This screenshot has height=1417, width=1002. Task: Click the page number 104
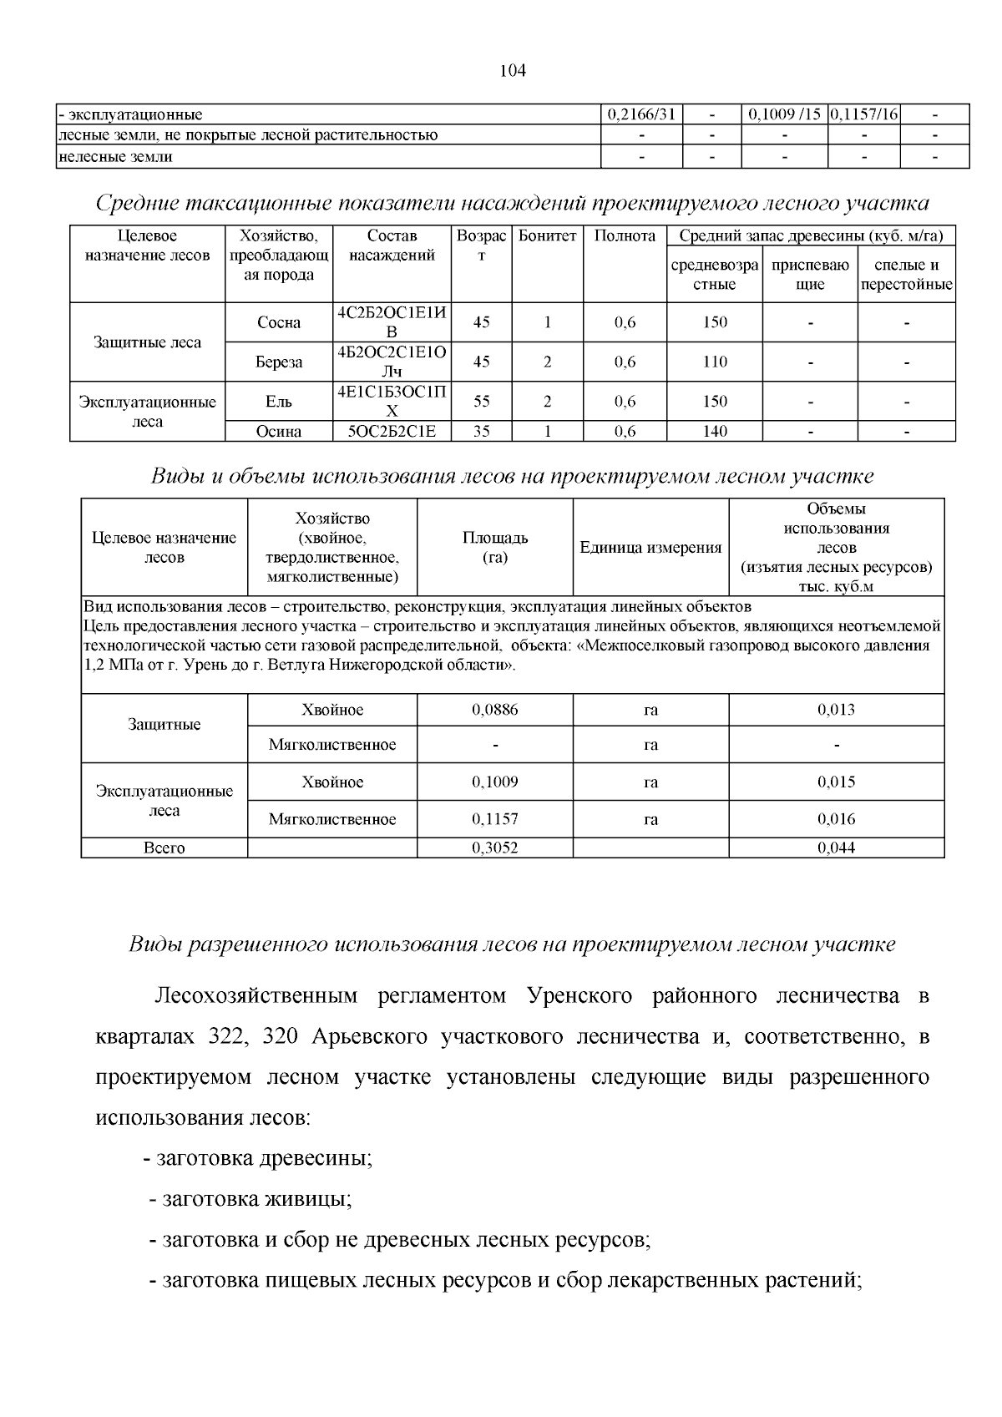point(513,71)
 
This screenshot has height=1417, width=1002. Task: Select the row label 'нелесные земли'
point(115,156)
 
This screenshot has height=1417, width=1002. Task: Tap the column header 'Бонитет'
point(547,236)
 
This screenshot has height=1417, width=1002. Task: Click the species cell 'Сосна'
point(279,322)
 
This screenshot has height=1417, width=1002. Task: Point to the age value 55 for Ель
point(482,402)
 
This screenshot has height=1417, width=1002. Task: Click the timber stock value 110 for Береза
point(715,362)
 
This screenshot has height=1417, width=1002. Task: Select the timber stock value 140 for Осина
point(715,432)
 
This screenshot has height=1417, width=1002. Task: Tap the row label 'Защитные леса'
point(147,342)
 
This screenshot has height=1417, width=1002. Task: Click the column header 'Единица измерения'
point(650,548)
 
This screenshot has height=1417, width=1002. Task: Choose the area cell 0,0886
point(494,710)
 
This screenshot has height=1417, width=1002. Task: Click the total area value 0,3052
point(494,848)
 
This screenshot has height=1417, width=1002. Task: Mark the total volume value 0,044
point(836,848)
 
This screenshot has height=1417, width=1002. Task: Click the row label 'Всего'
point(164,848)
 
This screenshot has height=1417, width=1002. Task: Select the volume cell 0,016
point(836,819)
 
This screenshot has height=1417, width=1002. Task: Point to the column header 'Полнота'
point(625,236)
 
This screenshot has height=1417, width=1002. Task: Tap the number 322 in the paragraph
point(222,1037)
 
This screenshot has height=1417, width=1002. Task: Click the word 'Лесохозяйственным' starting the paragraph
point(256,996)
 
